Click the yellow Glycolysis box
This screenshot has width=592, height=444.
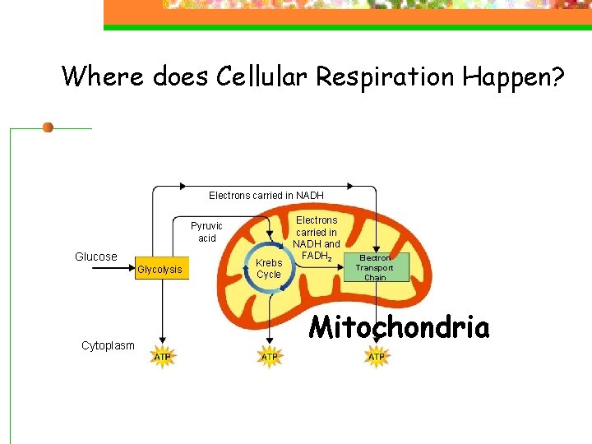coord(160,269)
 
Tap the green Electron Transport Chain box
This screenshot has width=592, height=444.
coord(374,267)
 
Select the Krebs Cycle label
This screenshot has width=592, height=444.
coord(269,269)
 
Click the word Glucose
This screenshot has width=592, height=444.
coord(96,257)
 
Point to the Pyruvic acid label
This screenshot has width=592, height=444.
coord(206,232)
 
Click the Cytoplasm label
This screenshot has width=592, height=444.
coord(108,345)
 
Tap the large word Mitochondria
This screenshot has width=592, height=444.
coord(399,328)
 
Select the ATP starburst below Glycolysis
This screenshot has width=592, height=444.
coord(162,357)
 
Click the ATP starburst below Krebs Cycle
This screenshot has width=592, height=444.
coord(269,357)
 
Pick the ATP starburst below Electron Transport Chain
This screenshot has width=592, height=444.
coord(376,357)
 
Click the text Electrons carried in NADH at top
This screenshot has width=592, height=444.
coord(266,196)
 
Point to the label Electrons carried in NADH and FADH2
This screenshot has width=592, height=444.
coord(317,238)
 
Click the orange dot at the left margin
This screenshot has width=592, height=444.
coord(48,127)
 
